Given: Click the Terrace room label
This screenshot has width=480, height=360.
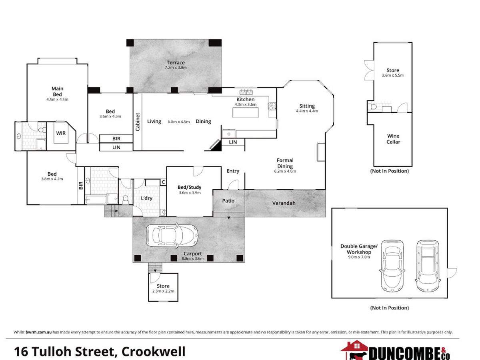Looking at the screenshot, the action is tap(176, 62).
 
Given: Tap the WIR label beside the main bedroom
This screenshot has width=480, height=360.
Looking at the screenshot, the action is tap(61, 133).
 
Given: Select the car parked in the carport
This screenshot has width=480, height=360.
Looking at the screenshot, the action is tap(172, 236).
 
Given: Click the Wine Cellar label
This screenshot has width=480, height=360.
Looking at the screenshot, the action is tap(393, 139).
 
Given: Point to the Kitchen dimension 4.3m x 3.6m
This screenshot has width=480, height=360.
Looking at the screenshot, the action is tap(245, 104).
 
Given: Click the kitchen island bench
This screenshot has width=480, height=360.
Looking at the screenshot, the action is tap(245, 112).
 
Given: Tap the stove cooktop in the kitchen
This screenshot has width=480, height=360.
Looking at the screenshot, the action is tap(272, 106).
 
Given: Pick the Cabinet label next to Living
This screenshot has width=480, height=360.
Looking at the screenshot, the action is tap(138, 122).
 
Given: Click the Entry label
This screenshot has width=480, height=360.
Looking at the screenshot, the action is tap(233, 171).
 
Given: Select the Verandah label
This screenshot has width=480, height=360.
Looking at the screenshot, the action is tap(284, 203).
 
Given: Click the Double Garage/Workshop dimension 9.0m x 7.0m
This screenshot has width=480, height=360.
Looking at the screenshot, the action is tap(359, 257).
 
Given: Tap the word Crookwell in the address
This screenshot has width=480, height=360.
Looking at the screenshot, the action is tap(154, 352).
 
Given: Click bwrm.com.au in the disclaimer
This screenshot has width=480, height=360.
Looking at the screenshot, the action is tap(38, 332).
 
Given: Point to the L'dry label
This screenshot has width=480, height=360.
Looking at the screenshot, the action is tap(146, 198).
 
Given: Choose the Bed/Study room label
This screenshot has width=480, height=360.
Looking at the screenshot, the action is tap(189, 187).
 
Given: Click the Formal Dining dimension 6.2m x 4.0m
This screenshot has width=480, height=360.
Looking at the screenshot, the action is tap(285, 171).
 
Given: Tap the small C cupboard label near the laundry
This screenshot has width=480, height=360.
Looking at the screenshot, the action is tap(163, 182).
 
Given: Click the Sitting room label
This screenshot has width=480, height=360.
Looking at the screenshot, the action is tap(307, 106).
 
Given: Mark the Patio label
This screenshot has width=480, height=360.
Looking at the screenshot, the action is tap(228, 201).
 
